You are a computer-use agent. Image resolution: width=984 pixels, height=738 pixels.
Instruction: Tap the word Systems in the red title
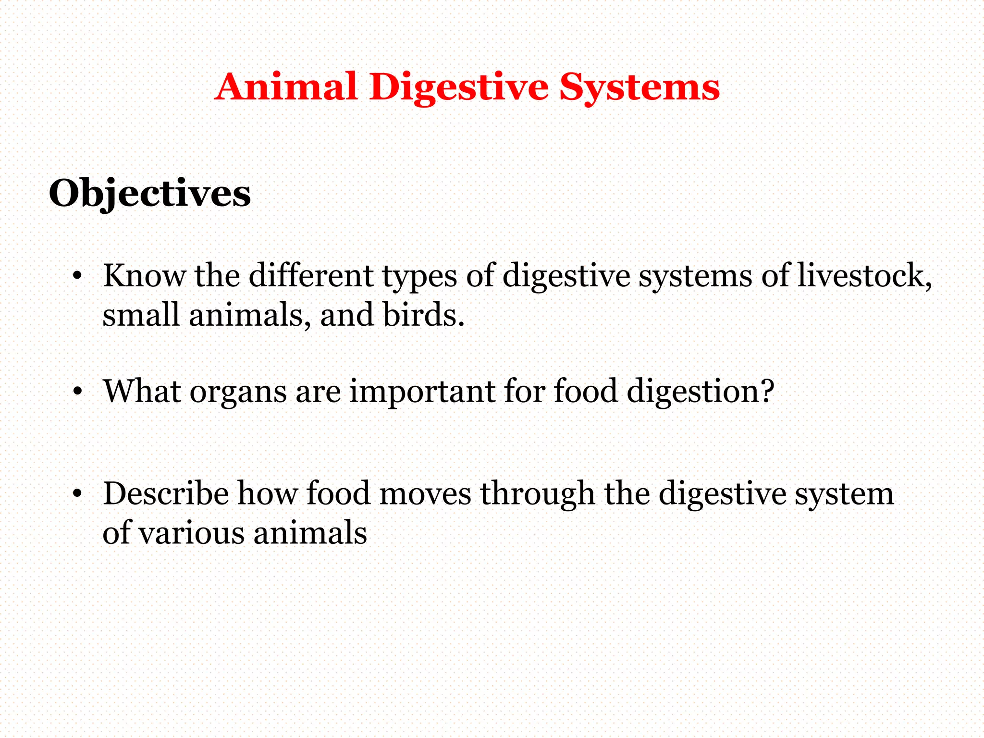(639, 88)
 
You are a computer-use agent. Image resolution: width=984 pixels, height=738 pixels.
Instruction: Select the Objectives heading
(150, 194)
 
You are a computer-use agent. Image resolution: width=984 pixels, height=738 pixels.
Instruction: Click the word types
(419, 277)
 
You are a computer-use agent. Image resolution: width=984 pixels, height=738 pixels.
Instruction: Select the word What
(142, 391)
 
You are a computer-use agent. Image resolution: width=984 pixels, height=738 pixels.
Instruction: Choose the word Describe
(166, 493)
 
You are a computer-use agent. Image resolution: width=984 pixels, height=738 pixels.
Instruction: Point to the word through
(538, 494)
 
